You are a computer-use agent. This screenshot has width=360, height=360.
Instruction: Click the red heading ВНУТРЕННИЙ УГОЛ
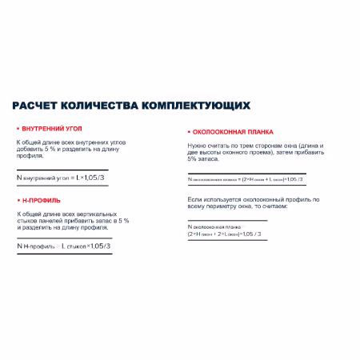[51, 128]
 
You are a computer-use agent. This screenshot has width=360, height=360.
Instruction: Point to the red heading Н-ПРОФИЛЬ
[42, 199]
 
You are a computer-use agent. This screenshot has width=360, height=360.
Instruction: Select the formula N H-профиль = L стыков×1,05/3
[62, 246]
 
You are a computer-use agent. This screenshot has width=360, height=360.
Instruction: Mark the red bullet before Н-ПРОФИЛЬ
[18, 199]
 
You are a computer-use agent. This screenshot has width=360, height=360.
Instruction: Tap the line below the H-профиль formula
[64, 254]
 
